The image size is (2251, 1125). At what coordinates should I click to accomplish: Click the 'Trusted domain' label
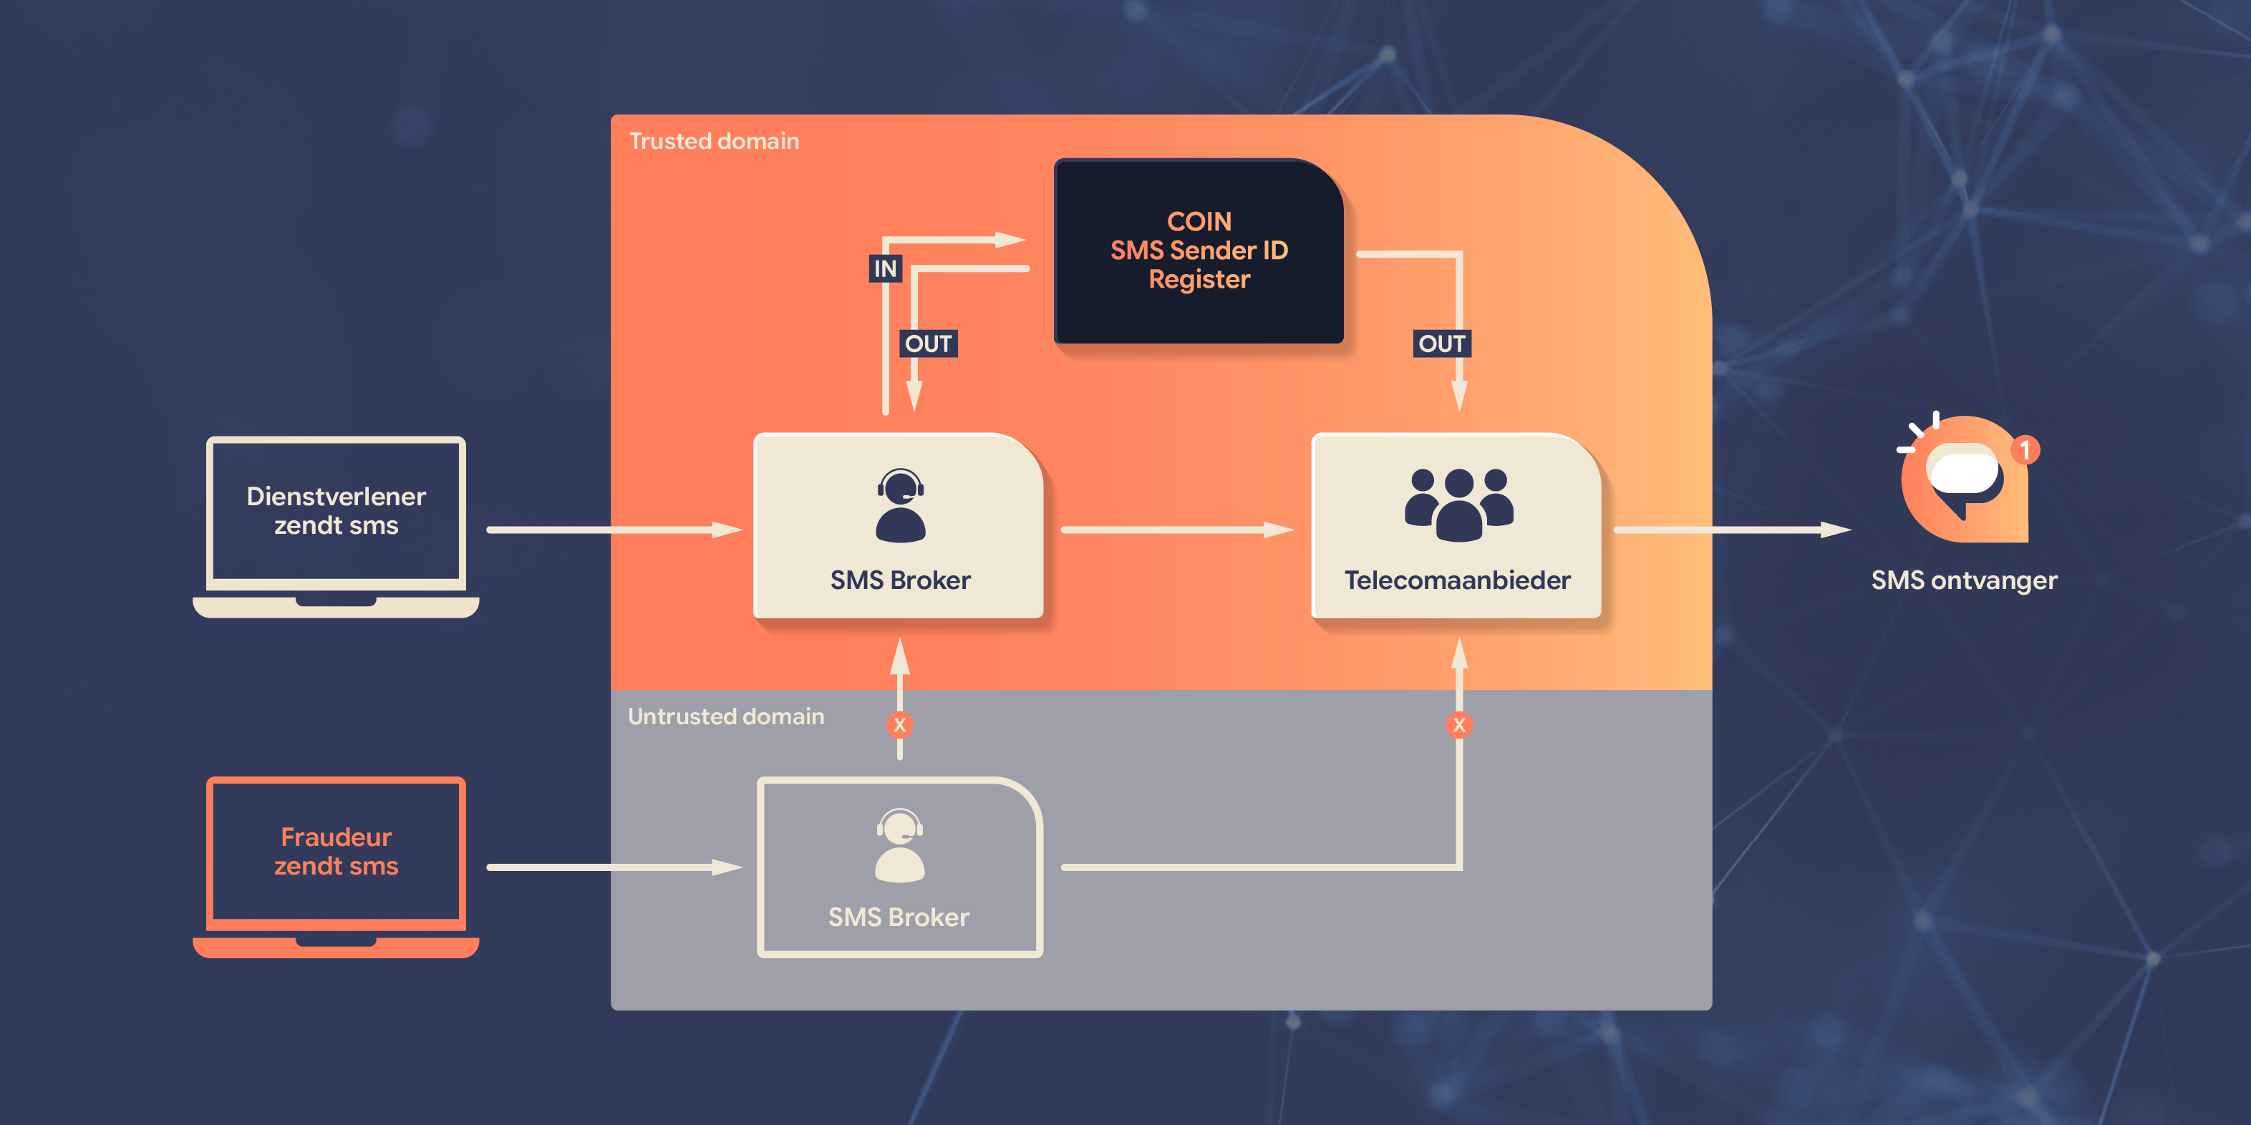pyautogui.click(x=713, y=142)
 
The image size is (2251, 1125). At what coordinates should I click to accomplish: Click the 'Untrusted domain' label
pyautogui.click(x=725, y=716)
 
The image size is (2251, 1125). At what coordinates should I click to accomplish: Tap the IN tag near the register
pyautogui.click(x=884, y=268)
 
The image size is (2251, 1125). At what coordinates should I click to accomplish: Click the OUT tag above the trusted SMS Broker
pyautogui.click(x=928, y=344)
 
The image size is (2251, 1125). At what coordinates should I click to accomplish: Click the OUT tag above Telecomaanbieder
pyautogui.click(x=1441, y=344)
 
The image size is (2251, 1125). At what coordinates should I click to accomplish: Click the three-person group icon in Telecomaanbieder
pyautogui.click(x=1458, y=504)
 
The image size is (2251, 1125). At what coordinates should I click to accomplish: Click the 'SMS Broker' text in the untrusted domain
pyautogui.click(x=899, y=917)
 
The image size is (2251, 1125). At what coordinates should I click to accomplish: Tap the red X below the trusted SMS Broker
pyautogui.click(x=899, y=725)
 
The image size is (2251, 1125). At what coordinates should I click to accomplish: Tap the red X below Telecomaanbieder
pyautogui.click(x=1458, y=725)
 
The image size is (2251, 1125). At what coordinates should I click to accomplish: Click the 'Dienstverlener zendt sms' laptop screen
pyautogui.click(x=336, y=511)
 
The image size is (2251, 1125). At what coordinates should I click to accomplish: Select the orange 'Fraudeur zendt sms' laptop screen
pyautogui.click(x=336, y=851)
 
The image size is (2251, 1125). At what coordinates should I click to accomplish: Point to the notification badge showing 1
pyautogui.click(x=2025, y=451)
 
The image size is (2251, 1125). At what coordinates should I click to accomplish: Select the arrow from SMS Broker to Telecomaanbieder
pyautogui.click(x=1176, y=530)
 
